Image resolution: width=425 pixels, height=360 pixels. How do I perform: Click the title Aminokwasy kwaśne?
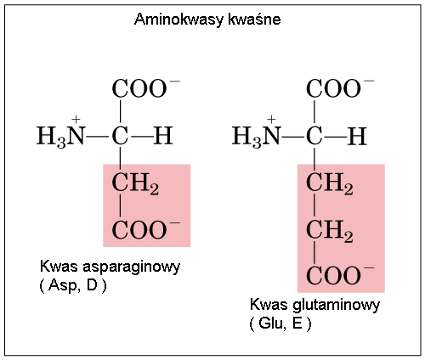click(x=207, y=20)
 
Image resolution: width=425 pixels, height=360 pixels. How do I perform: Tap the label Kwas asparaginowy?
click(x=110, y=267)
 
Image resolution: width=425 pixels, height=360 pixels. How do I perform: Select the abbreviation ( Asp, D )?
click(x=73, y=285)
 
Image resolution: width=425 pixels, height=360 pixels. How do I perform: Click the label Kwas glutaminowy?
click(x=314, y=305)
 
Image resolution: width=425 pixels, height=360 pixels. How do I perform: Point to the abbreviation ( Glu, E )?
click(x=280, y=323)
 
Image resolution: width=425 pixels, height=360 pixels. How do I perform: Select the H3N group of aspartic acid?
click(x=61, y=136)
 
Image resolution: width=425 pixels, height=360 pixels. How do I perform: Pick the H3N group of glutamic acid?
click(x=257, y=136)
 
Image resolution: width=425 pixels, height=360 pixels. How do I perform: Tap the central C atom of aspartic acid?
click(x=120, y=136)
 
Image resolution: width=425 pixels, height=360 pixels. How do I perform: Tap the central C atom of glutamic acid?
click(x=314, y=136)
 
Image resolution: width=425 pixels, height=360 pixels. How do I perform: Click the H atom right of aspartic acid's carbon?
click(x=163, y=136)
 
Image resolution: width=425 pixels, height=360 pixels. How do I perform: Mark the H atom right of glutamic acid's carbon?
click(x=357, y=136)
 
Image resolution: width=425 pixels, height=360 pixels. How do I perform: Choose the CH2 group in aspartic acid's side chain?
click(x=135, y=184)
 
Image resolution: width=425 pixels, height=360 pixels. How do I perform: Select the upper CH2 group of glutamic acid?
click(x=330, y=184)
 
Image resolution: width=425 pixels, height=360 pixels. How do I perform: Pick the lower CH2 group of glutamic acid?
click(x=330, y=232)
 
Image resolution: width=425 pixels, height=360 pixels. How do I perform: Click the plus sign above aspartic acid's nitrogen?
click(x=76, y=120)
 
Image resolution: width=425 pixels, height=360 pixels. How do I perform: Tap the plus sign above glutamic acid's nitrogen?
click(x=271, y=120)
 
